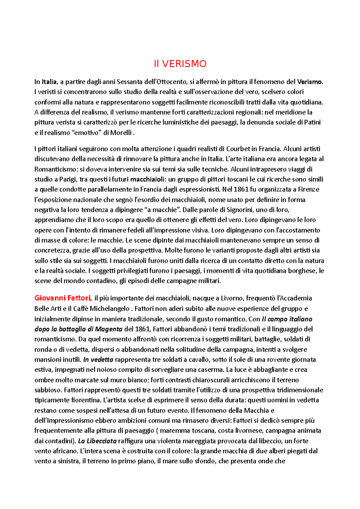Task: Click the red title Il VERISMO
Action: pyautogui.click(x=180, y=64)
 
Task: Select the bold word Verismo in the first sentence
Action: pyautogui.click(x=310, y=82)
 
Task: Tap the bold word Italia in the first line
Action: pyautogui.click(x=49, y=82)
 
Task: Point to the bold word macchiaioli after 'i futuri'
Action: pyautogui.click(x=147, y=180)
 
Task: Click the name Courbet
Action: pyautogui.click(x=238, y=149)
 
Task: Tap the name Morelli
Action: pyautogui.click(x=121, y=133)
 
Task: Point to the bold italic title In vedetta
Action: pyautogui.click(x=98, y=360)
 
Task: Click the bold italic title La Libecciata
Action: pyautogui.click(x=97, y=441)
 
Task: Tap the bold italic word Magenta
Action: pyautogui.click(x=109, y=329)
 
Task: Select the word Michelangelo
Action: pyautogui.click(x=109, y=309)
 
